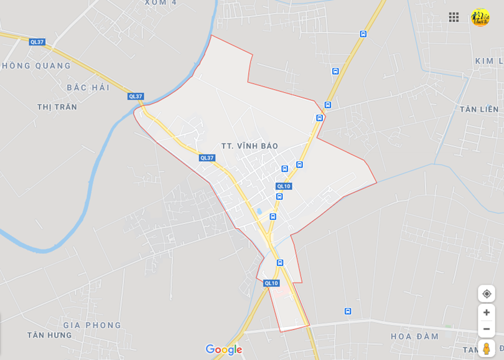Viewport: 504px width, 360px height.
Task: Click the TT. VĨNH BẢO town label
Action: [x=250, y=146]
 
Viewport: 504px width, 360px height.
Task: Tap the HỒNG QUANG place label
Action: [x=37, y=65]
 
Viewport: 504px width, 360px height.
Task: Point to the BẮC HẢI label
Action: [x=88, y=87]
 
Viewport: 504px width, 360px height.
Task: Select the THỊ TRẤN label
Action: [x=57, y=107]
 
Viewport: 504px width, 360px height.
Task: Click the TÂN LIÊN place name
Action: [x=479, y=109]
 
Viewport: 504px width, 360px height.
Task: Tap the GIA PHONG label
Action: [x=92, y=324]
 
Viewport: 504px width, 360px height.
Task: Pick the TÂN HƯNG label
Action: [x=50, y=335]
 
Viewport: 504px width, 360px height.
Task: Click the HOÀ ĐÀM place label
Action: [x=415, y=336]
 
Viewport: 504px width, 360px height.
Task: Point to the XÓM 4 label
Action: [x=161, y=2]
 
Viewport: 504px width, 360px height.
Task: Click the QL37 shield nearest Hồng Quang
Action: [x=37, y=42]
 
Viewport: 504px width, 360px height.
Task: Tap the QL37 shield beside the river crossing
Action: [x=135, y=96]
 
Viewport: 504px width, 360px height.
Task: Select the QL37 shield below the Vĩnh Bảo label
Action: [x=207, y=158]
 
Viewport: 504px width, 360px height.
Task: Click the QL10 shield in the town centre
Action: [x=284, y=186]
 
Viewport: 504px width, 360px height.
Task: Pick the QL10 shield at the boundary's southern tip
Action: [x=271, y=283]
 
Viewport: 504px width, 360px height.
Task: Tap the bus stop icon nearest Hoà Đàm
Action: [x=348, y=311]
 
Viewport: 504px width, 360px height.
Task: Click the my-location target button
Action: [x=487, y=293]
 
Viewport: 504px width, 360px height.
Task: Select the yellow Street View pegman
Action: [x=487, y=348]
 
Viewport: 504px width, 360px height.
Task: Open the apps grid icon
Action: [x=454, y=17]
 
